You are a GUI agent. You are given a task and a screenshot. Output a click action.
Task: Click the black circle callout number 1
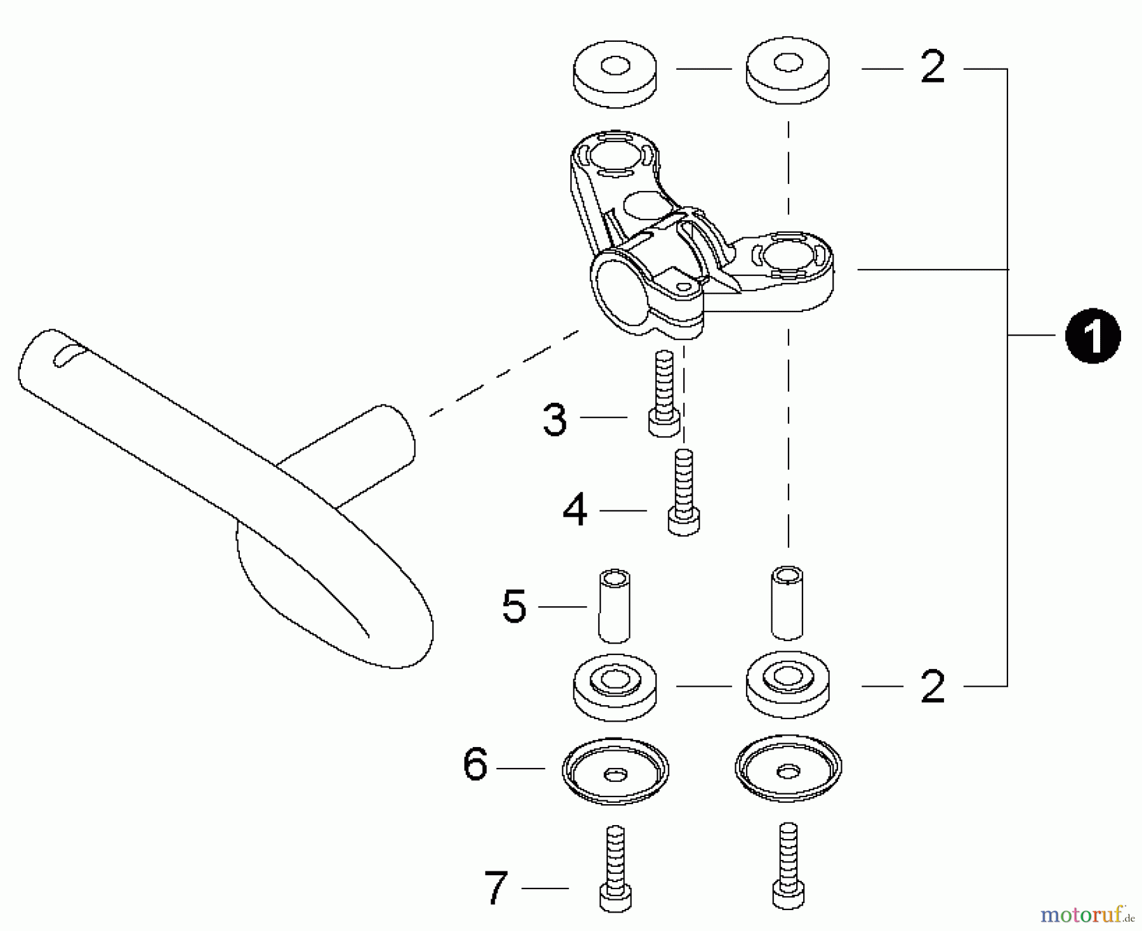click(x=1093, y=336)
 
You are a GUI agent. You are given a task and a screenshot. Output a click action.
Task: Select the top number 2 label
click(x=932, y=68)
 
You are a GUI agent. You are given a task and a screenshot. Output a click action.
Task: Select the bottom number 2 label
click(x=932, y=686)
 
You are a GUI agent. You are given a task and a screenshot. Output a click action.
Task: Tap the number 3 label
click(x=555, y=419)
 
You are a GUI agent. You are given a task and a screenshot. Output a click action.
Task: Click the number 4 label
click(x=575, y=511)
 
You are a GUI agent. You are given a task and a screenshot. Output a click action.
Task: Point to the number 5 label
click(x=514, y=607)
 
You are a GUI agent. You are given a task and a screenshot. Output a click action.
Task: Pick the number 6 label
click(x=475, y=765)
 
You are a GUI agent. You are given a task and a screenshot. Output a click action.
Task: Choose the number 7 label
click(x=496, y=888)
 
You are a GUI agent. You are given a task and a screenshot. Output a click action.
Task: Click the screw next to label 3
click(x=664, y=393)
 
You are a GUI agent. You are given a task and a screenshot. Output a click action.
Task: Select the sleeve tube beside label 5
click(x=614, y=606)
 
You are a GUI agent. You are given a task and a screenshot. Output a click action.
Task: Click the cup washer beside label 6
click(x=615, y=771)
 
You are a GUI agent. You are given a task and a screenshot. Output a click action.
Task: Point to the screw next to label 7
click(x=615, y=868)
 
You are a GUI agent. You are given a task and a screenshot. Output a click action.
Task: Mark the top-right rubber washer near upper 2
click(x=787, y=71)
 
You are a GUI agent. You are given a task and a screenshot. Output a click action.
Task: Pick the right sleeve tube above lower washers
click(x=787, y=602)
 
